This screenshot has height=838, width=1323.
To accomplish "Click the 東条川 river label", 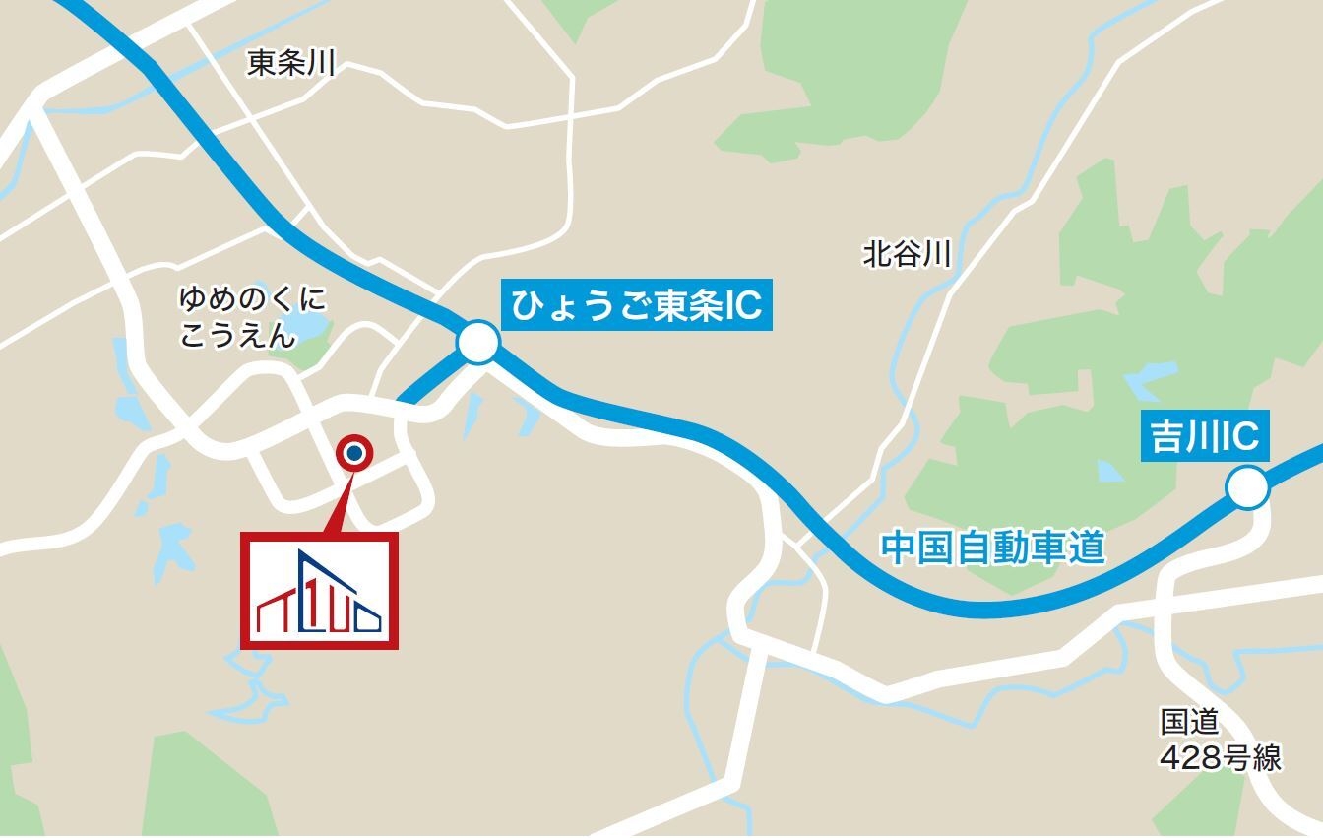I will pyautogui.click(x=291, y=65).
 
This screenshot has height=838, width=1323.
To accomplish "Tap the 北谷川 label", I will pyautogui.click(x=907, y=255).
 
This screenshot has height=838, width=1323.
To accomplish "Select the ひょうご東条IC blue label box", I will pyautogui.click(x=637, y=306).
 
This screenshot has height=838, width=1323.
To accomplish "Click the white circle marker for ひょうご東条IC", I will pyautogui.click(x=478, y=344).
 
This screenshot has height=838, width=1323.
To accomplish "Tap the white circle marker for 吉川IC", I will pyautogui.click(x=1246, y=488).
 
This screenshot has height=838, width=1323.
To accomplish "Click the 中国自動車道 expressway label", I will pyautogui.click(x=992, y=548).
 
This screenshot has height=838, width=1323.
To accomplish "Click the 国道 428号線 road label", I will pyautogui.click(x=1220, y=740).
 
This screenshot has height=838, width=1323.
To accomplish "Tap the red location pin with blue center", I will pyautogui.click(x=354, y=453).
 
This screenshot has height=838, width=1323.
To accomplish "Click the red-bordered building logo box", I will pyautogui.click(x=320, y=590).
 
